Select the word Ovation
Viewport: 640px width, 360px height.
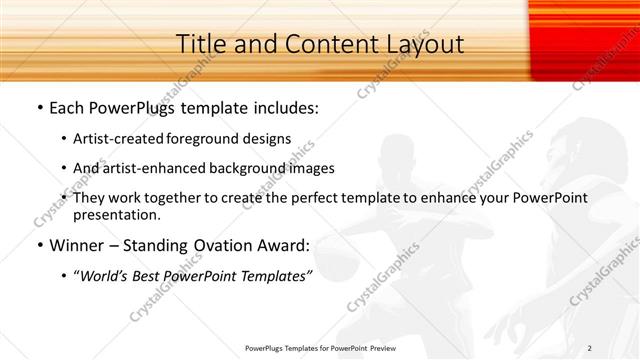click(x=220, y=245)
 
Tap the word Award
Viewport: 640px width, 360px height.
click(x=285, y=245)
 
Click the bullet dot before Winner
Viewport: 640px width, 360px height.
click(x=38, y=245)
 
